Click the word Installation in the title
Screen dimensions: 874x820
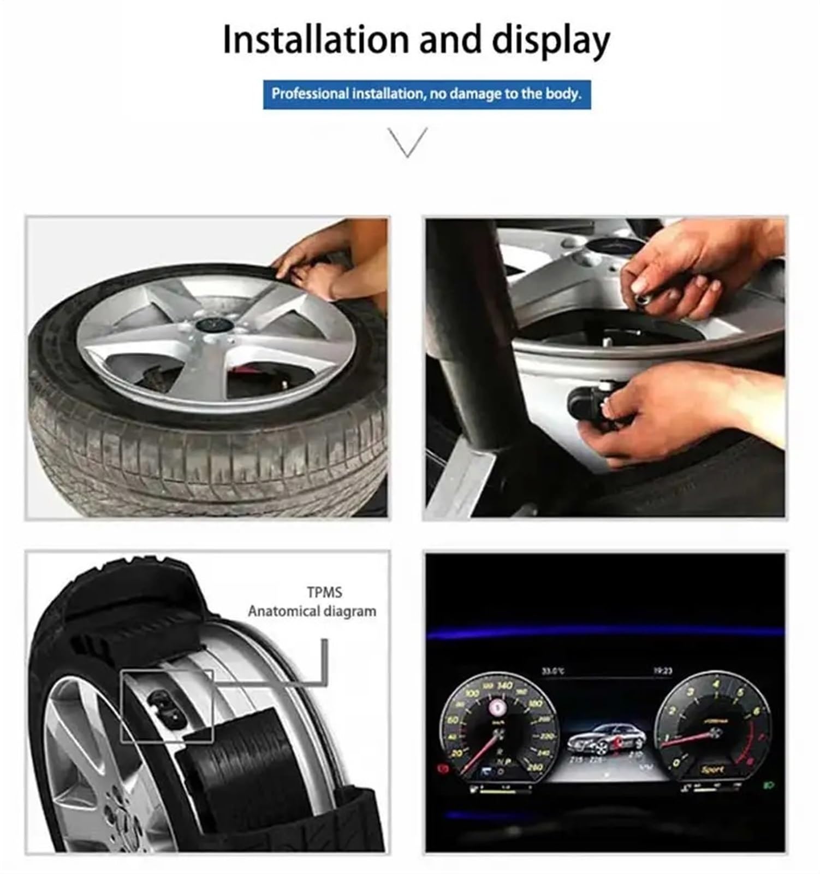click(315, 40)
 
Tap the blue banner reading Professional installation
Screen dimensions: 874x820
click(426, 94)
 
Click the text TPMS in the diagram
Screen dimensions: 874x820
click(324, 592)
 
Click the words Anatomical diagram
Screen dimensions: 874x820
click(312, 611)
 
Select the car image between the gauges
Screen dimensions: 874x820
click(606, 737)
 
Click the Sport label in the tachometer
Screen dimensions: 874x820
click(713, 769)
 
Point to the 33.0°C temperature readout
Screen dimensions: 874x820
click(552, 670)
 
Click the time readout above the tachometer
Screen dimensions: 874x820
click(662, 670)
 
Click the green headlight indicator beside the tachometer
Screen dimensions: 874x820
click(769, 786)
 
